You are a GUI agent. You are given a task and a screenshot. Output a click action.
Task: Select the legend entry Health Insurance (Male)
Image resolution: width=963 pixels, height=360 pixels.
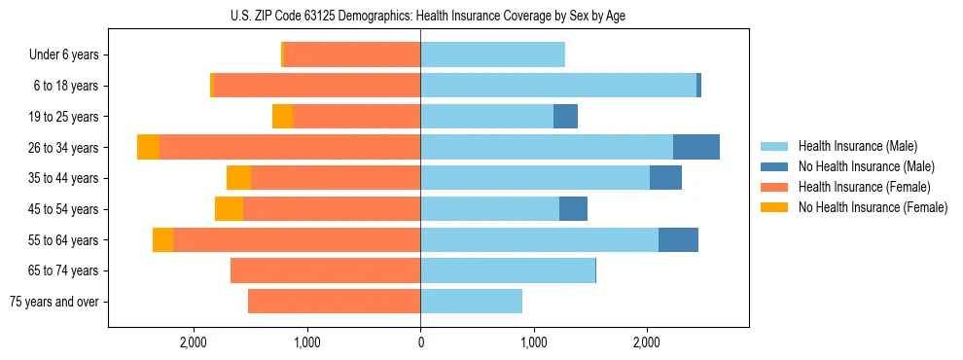[x=857, y=146]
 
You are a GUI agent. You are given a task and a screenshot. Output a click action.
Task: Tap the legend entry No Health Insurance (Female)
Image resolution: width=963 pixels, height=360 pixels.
[x=873, y=207]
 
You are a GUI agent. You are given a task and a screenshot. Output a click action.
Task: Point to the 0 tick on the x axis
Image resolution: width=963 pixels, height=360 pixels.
[x=420, y=342]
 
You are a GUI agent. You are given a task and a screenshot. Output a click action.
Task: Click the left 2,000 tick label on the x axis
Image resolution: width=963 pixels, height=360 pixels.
[x=194, y=342]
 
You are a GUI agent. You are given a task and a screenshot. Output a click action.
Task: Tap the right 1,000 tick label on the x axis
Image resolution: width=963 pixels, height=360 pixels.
[x=533, y=342]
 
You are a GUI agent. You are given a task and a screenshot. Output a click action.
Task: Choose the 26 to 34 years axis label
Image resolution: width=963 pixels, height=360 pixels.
[x=64, y=148]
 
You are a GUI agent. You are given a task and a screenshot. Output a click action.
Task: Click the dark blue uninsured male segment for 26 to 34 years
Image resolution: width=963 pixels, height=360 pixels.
[x=696, y=147]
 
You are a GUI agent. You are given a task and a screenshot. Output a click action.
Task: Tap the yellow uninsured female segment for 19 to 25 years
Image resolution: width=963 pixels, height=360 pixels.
[x=282, y=117]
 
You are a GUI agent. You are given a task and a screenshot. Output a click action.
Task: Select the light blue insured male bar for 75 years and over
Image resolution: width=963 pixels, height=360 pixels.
[x=471, y=302]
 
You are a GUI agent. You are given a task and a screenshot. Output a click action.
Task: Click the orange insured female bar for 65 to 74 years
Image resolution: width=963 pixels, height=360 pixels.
[x=325, y=270]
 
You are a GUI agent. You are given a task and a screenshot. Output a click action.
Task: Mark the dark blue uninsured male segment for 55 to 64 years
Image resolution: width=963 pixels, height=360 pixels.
[x=678, y=239]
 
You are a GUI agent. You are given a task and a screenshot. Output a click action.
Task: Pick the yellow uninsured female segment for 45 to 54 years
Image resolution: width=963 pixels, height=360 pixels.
[x=229, y=209]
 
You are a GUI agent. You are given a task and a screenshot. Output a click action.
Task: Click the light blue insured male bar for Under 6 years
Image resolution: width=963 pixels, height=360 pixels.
[x=492, y=55]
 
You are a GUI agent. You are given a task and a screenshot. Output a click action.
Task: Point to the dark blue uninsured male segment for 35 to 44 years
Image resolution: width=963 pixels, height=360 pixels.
[x=665, y=178]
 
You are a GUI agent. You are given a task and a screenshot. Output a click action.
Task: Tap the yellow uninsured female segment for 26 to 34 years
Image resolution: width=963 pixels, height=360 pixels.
[x=148, y=147]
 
